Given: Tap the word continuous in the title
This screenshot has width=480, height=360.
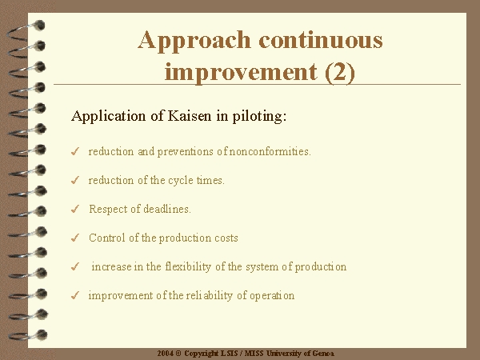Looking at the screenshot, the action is [x=321, y=41].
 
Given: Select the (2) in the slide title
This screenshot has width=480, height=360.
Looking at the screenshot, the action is [x=340, y=72].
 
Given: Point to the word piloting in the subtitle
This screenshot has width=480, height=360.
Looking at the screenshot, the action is [x=259, y=117].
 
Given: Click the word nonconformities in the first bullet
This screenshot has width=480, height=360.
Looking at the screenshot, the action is [x=270, y=151].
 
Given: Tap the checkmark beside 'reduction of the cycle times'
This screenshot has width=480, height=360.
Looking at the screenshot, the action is [x=75, y=180].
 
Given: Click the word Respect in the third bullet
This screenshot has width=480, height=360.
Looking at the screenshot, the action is [x=108, y=210].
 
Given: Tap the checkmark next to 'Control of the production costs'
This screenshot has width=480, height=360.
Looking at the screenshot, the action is [x=75, y=238].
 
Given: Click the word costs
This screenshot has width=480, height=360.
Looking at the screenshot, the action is [x=226, y=238].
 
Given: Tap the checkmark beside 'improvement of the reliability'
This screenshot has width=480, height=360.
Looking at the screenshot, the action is [x=75, y=295].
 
